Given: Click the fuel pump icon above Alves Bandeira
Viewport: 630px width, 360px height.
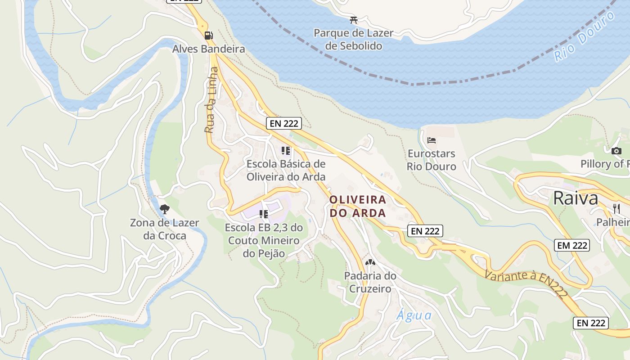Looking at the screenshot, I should (x=208, y=35).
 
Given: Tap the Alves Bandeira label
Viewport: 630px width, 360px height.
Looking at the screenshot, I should (x=209, y=49).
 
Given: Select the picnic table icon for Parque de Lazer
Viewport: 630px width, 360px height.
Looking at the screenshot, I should (x=354, y=20).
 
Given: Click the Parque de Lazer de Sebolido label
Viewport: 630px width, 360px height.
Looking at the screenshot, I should (x=353, y=40).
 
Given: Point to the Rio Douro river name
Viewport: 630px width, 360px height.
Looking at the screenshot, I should (x=584, y=36).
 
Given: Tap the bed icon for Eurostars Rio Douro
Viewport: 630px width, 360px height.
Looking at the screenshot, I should (x=432, y=140).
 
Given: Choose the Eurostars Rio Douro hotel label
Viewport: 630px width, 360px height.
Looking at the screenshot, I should (x=432, y=160).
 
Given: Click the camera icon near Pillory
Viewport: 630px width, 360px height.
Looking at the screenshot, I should (x=616, y=151).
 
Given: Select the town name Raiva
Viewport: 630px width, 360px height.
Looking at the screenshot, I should (x=576, y=198).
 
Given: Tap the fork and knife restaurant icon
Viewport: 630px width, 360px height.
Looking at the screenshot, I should (x=616, y=208).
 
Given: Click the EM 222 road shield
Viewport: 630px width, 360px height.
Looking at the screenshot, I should (x=571, y=245).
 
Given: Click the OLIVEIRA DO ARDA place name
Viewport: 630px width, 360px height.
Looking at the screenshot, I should (x=358, y=206).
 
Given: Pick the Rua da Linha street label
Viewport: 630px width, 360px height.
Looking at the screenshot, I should (x=211, y=100).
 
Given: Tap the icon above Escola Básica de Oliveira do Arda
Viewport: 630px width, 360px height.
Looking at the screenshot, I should (x=286, y=150).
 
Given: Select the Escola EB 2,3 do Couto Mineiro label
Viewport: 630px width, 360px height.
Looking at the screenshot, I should (x=264, y=241).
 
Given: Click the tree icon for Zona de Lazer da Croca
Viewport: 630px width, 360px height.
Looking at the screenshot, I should (x=165, y=209).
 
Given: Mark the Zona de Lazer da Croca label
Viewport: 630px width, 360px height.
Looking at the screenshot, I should (x=158, y=229).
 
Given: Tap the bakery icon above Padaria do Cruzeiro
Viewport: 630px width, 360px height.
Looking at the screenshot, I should (x=370, y=262).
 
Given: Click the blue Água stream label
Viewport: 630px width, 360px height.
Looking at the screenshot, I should (x=414, y=315).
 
